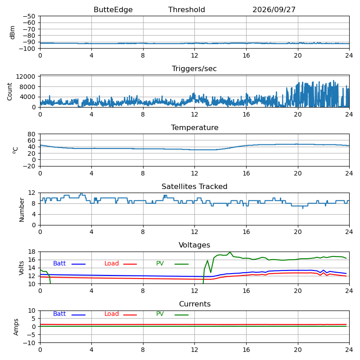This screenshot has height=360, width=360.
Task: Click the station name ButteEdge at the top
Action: click(x=113, y=9)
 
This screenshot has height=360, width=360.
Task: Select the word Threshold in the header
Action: click(x=186, y=9)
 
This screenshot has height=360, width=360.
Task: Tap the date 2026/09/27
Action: click(x=274, y=9)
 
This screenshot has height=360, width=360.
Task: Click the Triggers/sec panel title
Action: click(x=194, y=69)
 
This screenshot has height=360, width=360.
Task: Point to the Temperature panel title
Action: click(x=195, y=127)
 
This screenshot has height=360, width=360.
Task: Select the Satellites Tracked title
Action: click(x=194, y=186)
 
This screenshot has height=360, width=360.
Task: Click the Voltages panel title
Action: click(x=194, y=245)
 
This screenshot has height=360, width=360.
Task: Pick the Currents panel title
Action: click(x=195, y=304)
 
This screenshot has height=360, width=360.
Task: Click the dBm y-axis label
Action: click(x=13, y=32)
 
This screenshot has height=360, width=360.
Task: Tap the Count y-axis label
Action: click(x=9, y=92)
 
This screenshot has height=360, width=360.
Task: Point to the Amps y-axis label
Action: click(x=16, y=327)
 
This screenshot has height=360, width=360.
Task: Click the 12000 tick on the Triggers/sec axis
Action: click(x=26, y=76)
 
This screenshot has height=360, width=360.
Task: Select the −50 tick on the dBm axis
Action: click(x=29, y=16)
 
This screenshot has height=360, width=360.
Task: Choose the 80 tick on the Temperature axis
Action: click(x=31, y=134)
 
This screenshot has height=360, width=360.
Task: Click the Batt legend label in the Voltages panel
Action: click(x=59, y=263)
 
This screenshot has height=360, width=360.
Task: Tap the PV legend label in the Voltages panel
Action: click(x=160, y=263)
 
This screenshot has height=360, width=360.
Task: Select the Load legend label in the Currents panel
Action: click(x=112, y=314)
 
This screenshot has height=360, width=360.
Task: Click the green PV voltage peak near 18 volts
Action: click(x=230, y=252)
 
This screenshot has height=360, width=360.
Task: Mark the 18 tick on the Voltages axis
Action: click(x=31, y=252)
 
